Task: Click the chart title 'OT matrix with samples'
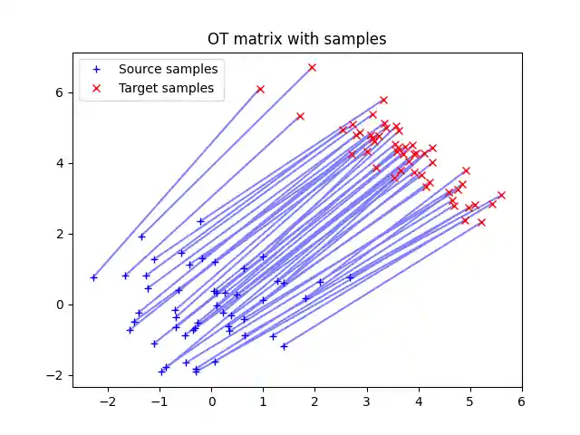(297, 39)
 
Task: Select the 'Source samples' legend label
(168, 69)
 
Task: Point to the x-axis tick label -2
(108, 401)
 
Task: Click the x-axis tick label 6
(522, 401)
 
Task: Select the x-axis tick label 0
(212, 401)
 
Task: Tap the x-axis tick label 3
(367, 401)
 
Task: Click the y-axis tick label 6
(61, 92)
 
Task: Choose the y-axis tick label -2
(57, 375)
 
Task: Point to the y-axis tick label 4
(61, 163)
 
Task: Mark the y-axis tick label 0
(61, 304)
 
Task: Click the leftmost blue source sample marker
(93, 277)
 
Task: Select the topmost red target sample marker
(312, 67)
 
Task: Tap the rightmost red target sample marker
(501, 195)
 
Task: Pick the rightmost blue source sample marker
(350, 277)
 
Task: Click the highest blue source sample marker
(200, 221)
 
